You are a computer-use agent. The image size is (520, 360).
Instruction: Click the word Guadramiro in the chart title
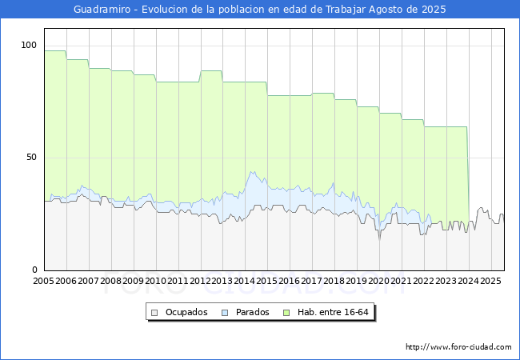102,10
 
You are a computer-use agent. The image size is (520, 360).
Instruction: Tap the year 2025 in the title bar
434,10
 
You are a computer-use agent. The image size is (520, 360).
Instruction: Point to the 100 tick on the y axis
29,45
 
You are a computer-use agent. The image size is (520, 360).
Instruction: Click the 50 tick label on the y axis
31,157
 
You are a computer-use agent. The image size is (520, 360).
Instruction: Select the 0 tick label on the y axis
34,270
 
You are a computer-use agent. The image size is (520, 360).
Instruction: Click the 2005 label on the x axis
43,281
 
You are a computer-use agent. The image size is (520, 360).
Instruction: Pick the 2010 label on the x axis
155,281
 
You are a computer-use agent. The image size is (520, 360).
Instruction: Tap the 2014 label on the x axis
245,281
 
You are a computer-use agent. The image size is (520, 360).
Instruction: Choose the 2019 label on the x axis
357,281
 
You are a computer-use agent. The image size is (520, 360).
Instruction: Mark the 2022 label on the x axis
423,281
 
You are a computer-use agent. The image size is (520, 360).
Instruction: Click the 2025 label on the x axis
490,281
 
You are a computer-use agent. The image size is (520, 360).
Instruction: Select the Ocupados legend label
186,312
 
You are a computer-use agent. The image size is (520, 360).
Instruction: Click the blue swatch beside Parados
225,313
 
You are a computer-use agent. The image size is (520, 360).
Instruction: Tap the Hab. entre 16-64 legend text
333,312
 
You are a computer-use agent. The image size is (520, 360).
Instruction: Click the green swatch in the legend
286,313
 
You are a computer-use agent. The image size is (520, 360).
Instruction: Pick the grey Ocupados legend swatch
154,313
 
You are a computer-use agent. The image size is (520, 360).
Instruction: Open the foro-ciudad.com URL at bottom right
458,347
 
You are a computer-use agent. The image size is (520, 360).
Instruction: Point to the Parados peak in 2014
253,172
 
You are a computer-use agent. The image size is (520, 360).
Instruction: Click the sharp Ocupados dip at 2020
380,238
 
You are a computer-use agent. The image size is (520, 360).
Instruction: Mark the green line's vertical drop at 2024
468,174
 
